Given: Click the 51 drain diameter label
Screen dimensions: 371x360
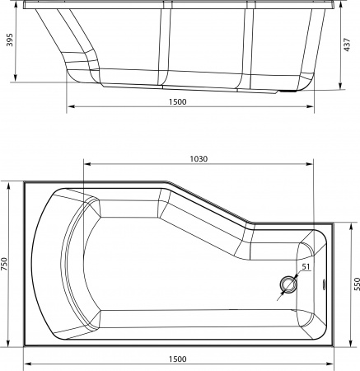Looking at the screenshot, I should pyautogui.click(x=306, y=266).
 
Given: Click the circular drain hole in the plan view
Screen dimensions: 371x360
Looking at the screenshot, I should pyautogui.click(x=289, y=285).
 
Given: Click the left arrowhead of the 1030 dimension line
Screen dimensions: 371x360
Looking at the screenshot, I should pyautogui.click(x=85, y=166).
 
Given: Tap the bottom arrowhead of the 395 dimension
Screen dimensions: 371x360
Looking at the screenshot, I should pyautogui.click(x=16, y=80).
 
